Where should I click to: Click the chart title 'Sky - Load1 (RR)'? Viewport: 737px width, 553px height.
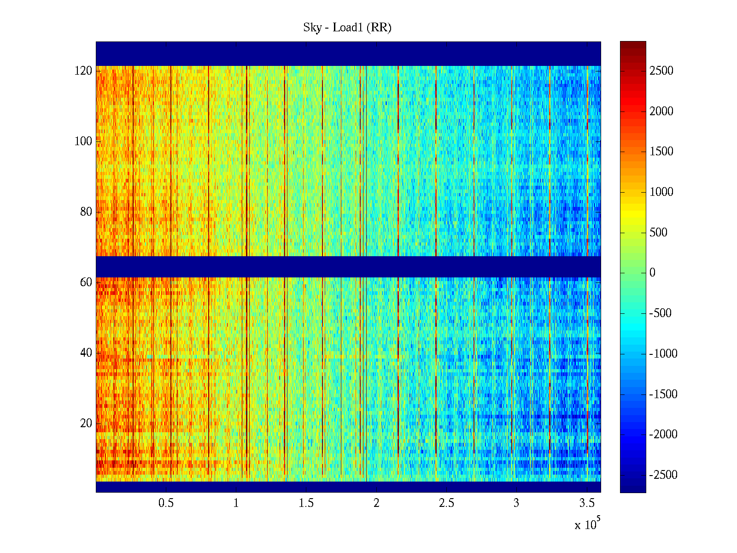pyautogui.click(x=347, y=28)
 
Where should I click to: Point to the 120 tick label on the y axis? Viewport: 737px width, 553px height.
pyautogui.click(x=83, y=71)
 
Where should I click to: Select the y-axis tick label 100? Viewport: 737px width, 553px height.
pyautogui.click(x=83, y=141)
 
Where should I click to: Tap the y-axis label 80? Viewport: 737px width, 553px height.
pyautogui.click(x=86, y=212)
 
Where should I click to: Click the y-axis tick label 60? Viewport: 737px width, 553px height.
pyautogui.click(x=86, y=282)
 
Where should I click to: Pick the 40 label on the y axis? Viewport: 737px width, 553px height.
pyautogui.click(x=86, y=353)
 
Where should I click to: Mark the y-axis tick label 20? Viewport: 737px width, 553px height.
pyautogui.click(x=86, y=424)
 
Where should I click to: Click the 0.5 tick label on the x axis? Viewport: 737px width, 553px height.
pyautogui.click(x=166, y=503)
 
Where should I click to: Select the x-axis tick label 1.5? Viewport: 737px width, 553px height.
pyautogui.click(x=306, y=503)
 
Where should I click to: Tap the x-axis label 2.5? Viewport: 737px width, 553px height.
pyautogui.click(x=446, y=503)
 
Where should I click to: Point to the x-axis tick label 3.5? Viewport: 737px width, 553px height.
pyautogui.click(x=586, y=503)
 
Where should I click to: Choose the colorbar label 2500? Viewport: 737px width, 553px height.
pyautogui.click(x=661, y=71)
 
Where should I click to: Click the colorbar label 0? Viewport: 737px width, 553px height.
pyautogui.click(x=652, y=273)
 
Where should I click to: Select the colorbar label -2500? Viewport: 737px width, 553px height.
pyautogui.click(x=663, y=475)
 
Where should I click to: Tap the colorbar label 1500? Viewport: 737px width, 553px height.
pyautogui.click(x=661, y=152)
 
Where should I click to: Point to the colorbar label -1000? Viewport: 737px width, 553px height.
pyautogui.click(x=663, y=354)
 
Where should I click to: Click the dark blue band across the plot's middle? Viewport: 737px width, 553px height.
pyautogui.click(x=348, y=267)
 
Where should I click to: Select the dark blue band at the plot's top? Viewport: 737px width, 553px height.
pyautogui.click(x=348, y=53)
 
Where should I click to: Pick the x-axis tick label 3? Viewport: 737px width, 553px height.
pyautogui.click(x=516, y=503)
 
